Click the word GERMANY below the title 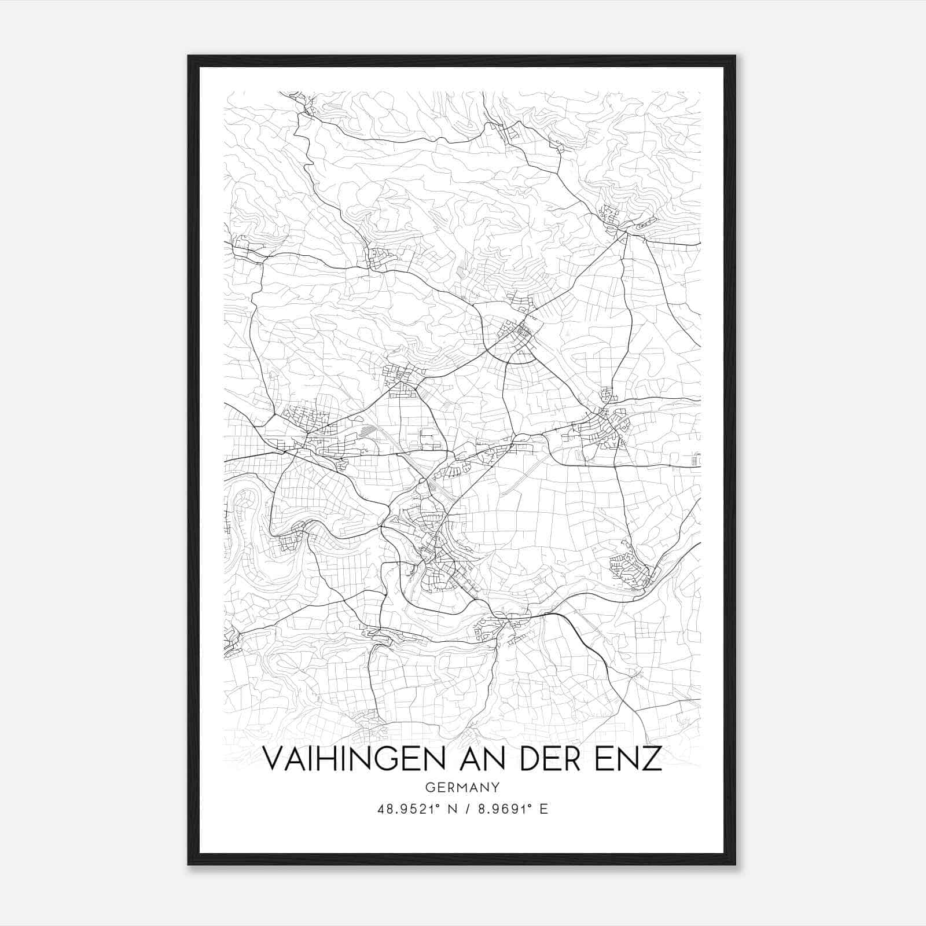462,787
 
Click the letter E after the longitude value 543,809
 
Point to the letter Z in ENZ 652,759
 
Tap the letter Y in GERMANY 495,787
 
